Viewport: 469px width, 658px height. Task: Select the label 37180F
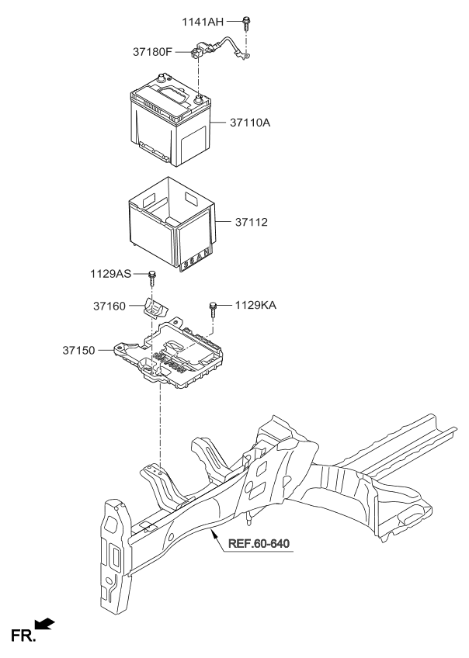(153, 53)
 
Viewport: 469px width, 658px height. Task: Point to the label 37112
(252, 222)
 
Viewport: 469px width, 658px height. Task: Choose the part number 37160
(109, 307)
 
